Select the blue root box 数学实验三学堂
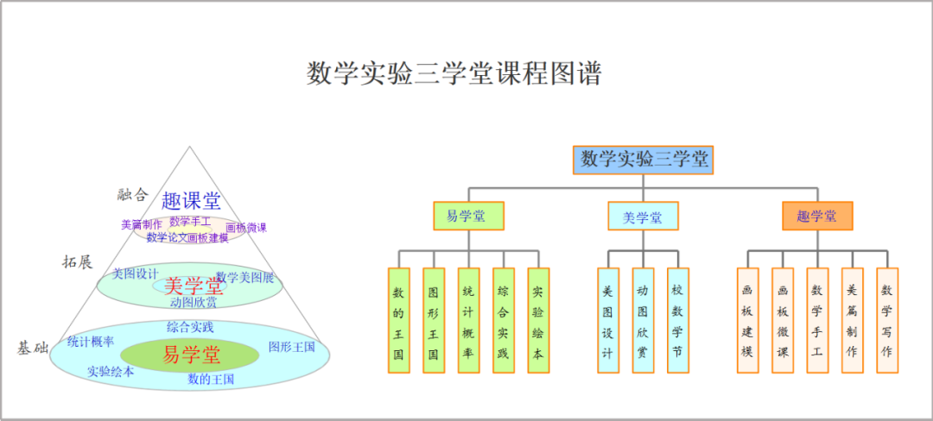point(644,160)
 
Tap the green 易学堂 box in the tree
point(468,216)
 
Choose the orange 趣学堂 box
point(817,216)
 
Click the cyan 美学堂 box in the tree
point(643,216)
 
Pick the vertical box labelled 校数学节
point(678,320)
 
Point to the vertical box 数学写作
point(887,320)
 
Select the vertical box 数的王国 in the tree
point(399,320)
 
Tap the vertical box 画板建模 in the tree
point(747,320)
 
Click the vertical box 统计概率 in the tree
point(468,320)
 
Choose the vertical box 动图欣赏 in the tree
point(643,320)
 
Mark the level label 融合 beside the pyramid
point(133,194)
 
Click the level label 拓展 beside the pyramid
point(77,261)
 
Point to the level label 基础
point(33,348)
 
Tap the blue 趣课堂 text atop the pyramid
point(191,201)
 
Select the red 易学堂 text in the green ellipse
point(192,355)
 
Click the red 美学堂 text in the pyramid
point(194,285)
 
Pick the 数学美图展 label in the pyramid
point(244,277)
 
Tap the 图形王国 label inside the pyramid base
point(292,347)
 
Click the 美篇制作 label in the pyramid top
point(142,224)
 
